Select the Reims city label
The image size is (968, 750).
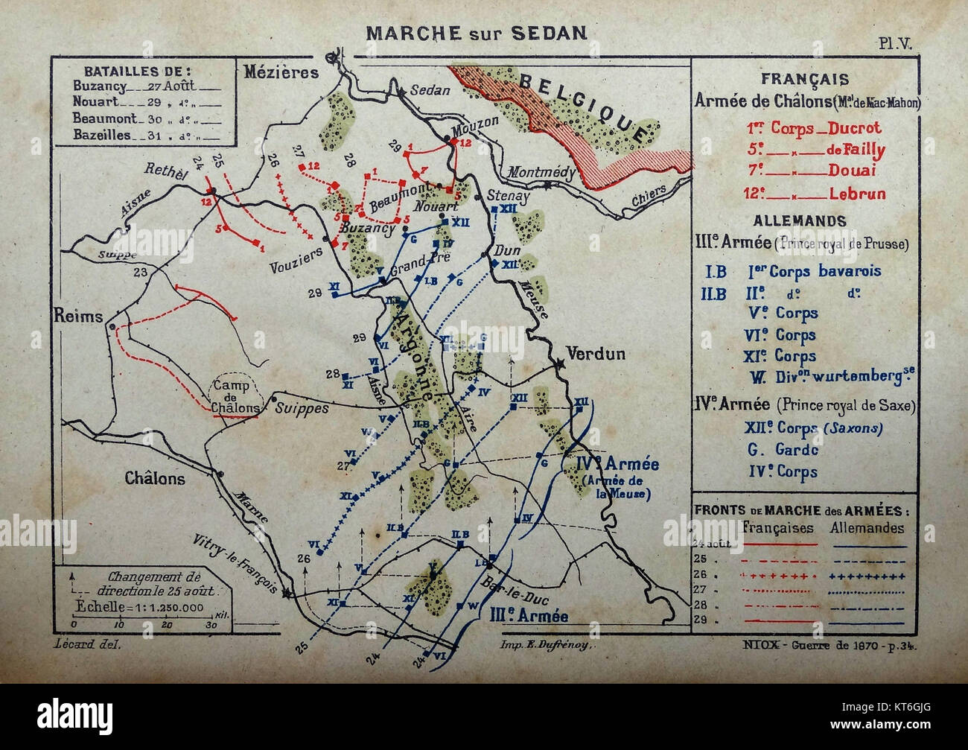78,316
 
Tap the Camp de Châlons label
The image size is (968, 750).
235,396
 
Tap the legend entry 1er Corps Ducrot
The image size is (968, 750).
814,128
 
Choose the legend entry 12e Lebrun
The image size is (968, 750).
814,194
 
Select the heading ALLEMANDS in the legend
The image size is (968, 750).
799,221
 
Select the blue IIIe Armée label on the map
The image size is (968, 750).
529,616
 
